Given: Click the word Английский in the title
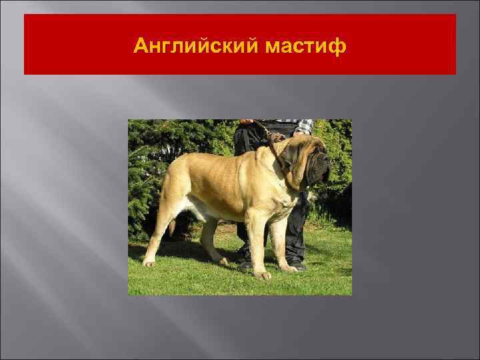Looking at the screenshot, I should [x=187, y=46].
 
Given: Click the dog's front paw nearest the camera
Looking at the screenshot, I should [x=263, y=274].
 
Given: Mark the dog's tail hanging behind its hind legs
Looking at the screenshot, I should [x=172, y=227].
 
